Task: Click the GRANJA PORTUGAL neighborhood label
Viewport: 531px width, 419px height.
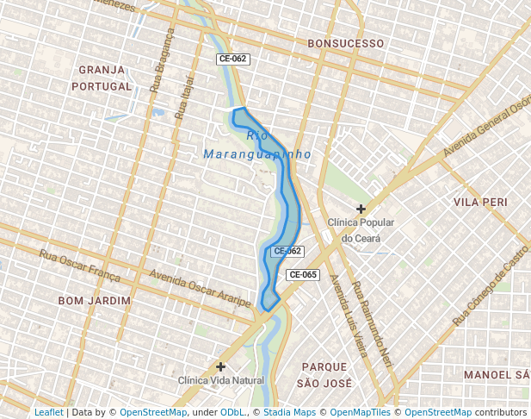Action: pyautogui.click(x=102, y=78)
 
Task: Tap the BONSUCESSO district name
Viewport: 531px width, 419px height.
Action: pyautogui.click(x=345, y=42)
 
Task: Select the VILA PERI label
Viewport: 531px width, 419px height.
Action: pyautogui.click(x=479, y=201)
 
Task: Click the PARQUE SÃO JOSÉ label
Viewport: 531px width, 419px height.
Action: pyautogui.click(x=324, y=374)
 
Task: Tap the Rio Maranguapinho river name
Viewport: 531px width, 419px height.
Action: pyautogui.click(x=257, y=145)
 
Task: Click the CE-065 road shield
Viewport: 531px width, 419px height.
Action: pyautogui.click(x=303, y=274)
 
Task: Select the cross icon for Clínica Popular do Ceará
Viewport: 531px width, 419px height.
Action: pyautogui.click(x=361, y=209)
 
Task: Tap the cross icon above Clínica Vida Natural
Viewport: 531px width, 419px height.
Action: pyautogui.click(x=221, y=366)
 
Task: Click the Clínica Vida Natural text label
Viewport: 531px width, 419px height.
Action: pyautogui.click(x=220, y=380)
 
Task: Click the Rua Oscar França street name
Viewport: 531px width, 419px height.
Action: pyautogui.click(x=80, y=264)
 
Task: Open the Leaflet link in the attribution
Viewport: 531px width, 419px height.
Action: pyautogui.click(x=48, y=412)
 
